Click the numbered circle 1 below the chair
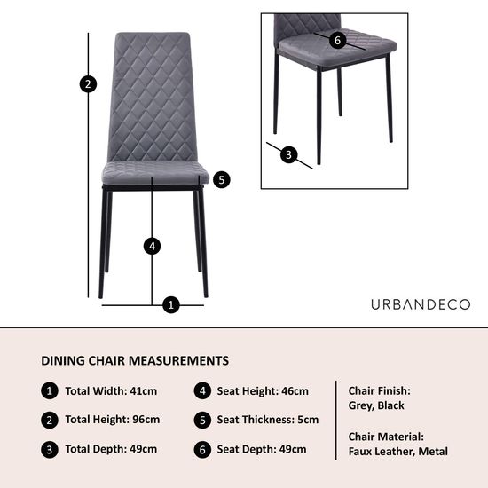pyautogui.click(x=171, y=305)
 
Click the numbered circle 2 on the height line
pyautogui.click(x=87, y=84)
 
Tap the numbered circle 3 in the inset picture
pyautogui.click(x=287, y=154)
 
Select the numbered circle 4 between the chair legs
pyautogui.click(x=153, y=246)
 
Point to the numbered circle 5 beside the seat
pyautogui.click(x=222, y=179)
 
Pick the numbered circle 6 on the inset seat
pyautogui.click(x=336, y=40)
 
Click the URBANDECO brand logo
pyautogui.click(x=421, y=304)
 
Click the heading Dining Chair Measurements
pyautogui.click(x=135, y=361)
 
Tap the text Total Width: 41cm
pyautogui.click(x=111, y=391)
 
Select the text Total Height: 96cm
pyautogui.click(x=113, y=420)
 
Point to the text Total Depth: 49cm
pyautogui.click(x=111, y=450)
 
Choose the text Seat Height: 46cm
pyautogui.click(x=263, y=391)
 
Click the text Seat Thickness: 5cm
pyautogui.click(x=267, y=420)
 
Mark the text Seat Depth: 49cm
pyautogui.click(x=263, y=450)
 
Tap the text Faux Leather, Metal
pyautogui.click(x=397, y=452)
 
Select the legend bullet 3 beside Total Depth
pyautogui.click(x=50, y=450)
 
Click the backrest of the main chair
pyautogui.click(x=153, y=98)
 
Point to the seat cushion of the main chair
pyautogui.click(x=155, y=172)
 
